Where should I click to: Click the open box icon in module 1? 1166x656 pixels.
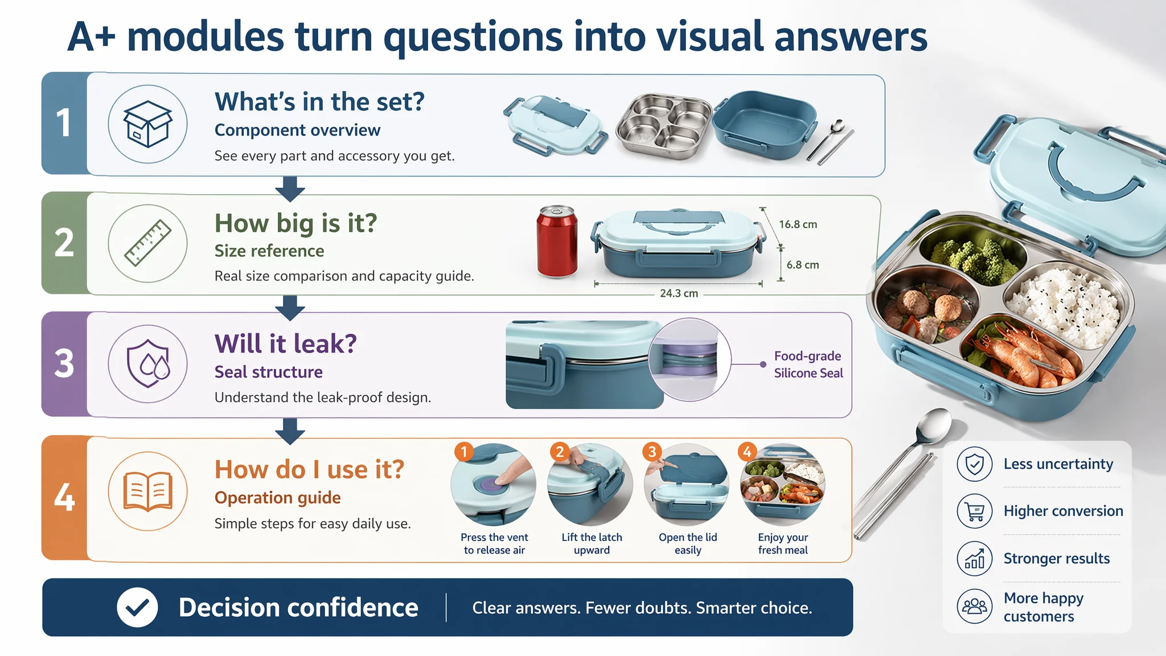(147, 124)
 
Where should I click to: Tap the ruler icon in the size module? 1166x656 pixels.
(148, 243)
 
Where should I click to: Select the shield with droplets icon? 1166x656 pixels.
(148, 363)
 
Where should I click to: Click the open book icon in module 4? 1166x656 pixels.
(148, 491)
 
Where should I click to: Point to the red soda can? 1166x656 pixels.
(557, 241)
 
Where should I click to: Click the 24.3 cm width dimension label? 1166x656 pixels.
(679, 293)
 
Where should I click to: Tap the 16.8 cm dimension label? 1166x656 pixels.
(798, 224)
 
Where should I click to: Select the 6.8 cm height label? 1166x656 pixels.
(803, 265)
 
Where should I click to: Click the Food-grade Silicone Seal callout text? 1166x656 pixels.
(808, 364)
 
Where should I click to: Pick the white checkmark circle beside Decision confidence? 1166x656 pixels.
(137, 608)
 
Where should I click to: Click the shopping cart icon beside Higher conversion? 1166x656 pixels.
(975, 511)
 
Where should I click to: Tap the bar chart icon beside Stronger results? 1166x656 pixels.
(975, 559)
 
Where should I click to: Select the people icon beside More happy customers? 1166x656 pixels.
(975, 606)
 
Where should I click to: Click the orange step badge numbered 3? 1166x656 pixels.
(652, 452)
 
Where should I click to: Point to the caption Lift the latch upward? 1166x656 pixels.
(592, 543)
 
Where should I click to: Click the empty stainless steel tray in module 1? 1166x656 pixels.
(664, 126)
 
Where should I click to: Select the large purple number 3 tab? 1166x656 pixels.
(64, 364)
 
